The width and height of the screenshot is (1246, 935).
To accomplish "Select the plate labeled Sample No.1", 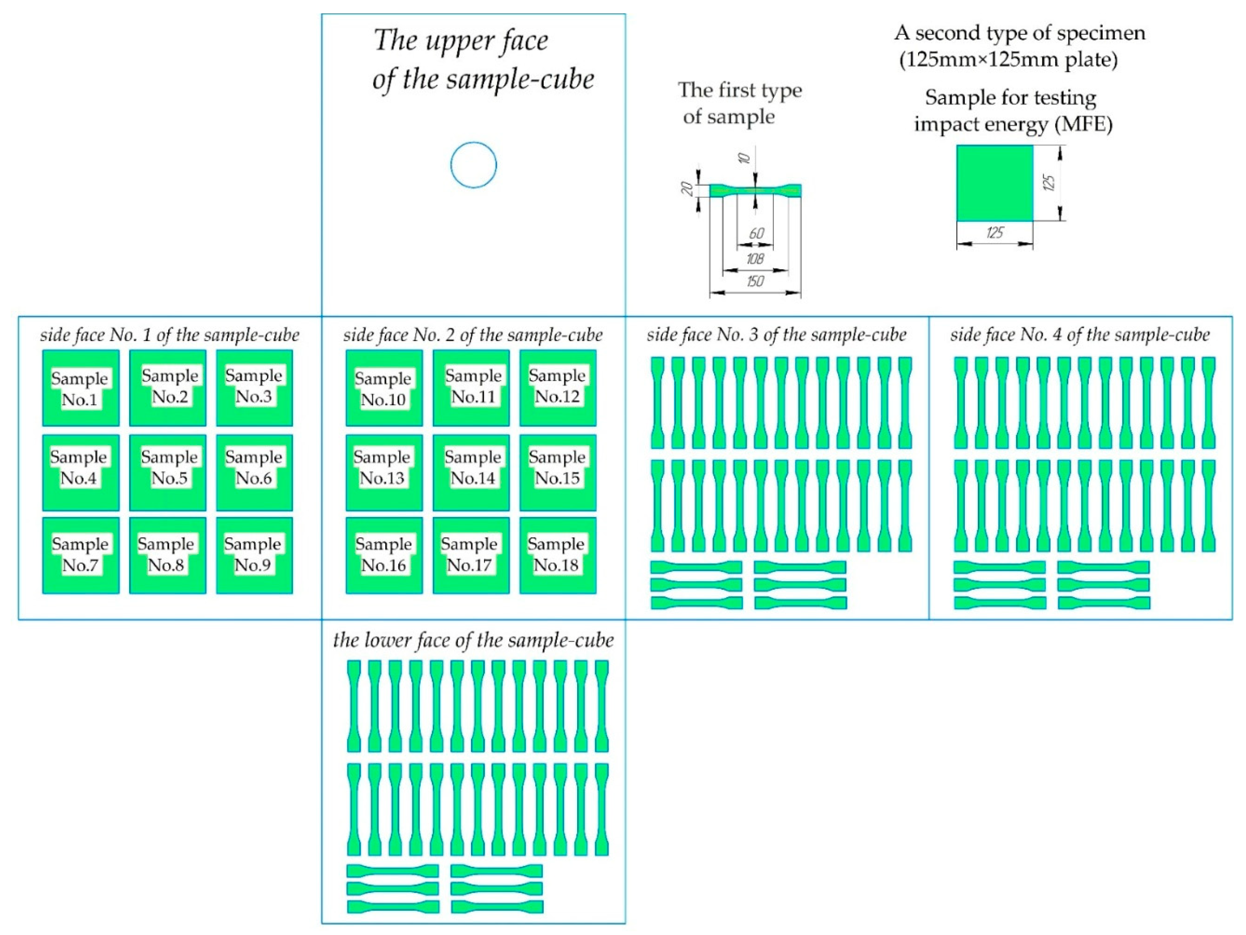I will (x=81, y=388).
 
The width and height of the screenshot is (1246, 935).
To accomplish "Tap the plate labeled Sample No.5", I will (x=167, y=472).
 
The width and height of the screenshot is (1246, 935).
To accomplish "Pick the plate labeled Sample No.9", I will (x=254, y=555).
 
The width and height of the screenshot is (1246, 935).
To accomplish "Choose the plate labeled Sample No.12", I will (x=558, y=388).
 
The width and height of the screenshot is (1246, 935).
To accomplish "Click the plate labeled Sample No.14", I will (x=471, y=472).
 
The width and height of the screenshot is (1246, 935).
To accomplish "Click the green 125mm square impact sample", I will (x=995, y=183).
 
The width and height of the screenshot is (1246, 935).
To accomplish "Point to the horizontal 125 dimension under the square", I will (x=995, y=232).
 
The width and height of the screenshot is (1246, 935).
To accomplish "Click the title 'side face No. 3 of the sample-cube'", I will (x=776, y=335).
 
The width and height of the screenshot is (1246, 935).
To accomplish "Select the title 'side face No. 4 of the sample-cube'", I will (x=1080, y=335).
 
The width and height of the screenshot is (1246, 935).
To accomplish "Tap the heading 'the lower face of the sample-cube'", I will (x=473, y=640).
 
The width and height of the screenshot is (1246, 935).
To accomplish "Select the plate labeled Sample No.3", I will (x=254, y=388).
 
